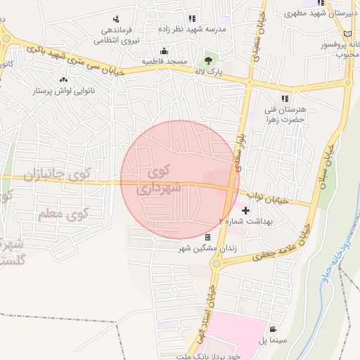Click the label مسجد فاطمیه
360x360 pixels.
165,62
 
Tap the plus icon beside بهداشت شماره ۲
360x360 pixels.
245,210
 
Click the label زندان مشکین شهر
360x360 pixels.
206,248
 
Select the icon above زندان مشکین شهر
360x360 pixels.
207,238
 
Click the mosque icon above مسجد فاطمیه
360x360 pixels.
165,51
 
